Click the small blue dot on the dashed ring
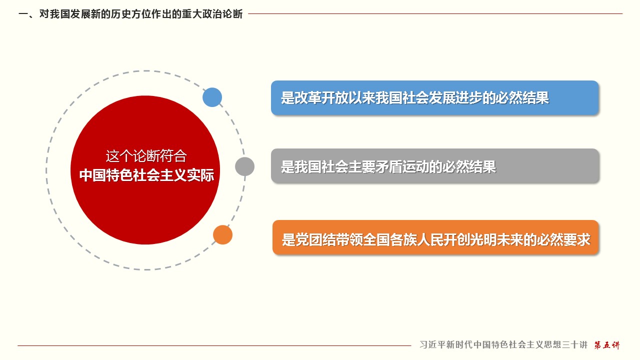[212, 97]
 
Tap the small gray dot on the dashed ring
[245, 166]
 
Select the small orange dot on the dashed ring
[223, 235]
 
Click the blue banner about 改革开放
[435, 97]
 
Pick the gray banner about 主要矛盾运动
[435, 165]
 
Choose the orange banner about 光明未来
[435, 237]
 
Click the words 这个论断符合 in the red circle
[146, 156]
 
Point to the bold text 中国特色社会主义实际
[146, 175]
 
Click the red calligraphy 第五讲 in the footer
[607, 345]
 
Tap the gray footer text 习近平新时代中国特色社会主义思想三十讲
[503, 344]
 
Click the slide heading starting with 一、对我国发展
[130, 13]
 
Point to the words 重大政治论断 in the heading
[212, 13]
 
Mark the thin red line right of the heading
[435, 13]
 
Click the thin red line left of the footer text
[214, 345]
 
